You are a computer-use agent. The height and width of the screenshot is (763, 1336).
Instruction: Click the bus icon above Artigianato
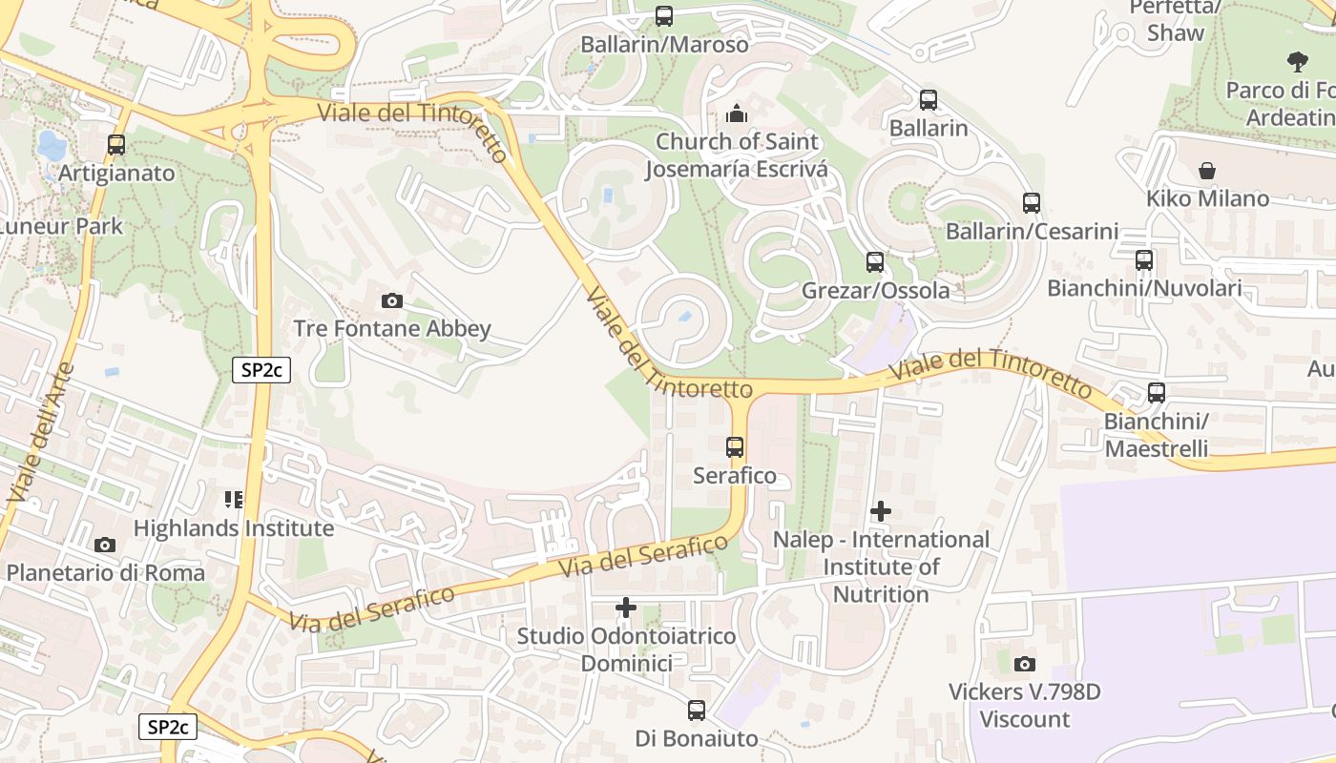pyautogui.click(x=116, y=145)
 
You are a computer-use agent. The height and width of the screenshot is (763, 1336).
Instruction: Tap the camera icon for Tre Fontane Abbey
pyautogui.click(x=391, y=301)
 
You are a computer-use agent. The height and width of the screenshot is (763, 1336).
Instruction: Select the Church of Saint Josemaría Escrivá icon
pyautogui.click(x=736, y=114)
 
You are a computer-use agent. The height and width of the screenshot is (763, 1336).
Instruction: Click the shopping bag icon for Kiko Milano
pyautogui.click(x=1207, y=171)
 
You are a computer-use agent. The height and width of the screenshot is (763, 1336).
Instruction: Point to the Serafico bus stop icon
pyautogui.click(x=734, y=447)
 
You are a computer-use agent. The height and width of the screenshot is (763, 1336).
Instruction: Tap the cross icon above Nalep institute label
pyautogui.click(x=880, y=511)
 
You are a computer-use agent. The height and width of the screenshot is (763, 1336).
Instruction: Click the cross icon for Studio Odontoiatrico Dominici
pyautogui.click(x=625, y=608)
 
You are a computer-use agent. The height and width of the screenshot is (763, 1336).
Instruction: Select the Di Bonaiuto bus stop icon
pyautogui.click(x=697, y=711)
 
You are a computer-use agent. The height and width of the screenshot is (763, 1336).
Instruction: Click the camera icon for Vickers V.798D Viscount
pyautogui.click(x=1024, y=664)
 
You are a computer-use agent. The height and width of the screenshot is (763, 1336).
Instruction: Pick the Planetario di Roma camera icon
pyautogui.click(x=105, y=546)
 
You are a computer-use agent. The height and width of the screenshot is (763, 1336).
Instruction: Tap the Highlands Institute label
pyautogui.click(x=234, y=527)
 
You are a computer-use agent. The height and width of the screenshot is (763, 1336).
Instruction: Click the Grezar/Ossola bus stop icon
pyautogui.click(x=874, y=262)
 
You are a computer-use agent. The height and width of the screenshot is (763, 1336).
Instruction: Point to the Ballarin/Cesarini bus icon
pyautogui.click(x=1031, y=203)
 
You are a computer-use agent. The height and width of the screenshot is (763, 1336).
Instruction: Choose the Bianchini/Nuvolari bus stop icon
pyautogui.click(x=1144, y=260)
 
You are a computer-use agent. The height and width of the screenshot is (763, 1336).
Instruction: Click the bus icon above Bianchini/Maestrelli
pyautogui.click(x=1156, y=393)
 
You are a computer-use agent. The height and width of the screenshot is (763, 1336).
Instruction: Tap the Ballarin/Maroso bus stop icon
pyautogui.click(x=663, y=16)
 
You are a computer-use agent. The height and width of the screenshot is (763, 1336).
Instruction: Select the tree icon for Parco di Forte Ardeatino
pyautogui.click(x=1297, y=62)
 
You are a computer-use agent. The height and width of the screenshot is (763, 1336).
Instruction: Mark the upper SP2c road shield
pyautogui.click(x=261, y=371)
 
